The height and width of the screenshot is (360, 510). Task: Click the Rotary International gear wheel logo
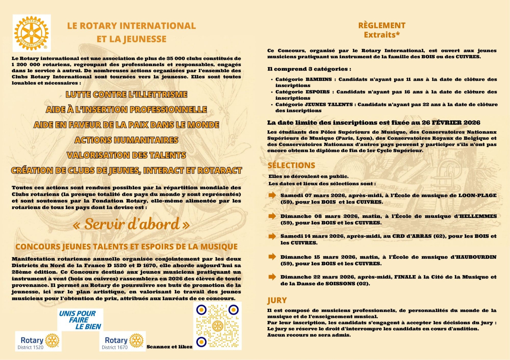point(31,33)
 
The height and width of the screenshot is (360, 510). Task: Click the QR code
point(217,326)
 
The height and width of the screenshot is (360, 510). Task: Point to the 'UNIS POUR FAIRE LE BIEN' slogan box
point(80,320)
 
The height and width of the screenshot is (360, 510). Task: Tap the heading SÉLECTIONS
point(291,165)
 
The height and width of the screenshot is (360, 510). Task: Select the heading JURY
point(277,300)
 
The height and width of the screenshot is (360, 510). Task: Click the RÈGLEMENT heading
point(382,25)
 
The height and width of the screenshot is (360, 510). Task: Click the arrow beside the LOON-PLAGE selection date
point(272,195)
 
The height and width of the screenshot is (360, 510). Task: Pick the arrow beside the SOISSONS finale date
point(272,277)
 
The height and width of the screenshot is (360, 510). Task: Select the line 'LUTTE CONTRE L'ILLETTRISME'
point(126,95)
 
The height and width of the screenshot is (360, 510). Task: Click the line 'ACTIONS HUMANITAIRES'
point(126,140)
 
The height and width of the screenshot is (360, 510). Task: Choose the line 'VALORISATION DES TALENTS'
point(126,155)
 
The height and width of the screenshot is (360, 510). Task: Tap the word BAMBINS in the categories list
point(319,79)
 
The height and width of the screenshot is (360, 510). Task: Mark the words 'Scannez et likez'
point(169,347)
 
